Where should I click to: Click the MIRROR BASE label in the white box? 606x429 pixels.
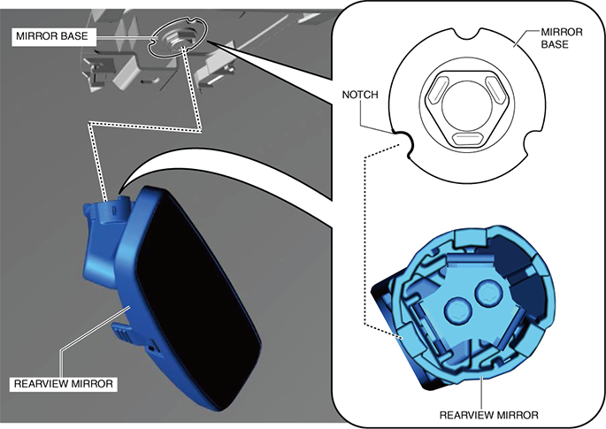point(52,36)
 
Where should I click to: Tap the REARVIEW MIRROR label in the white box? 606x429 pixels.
point(64,384)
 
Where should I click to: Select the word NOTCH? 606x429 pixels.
point(360,95)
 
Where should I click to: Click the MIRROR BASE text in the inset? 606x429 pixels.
point(561,38)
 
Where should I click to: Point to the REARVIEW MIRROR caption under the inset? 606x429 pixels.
point(489,415)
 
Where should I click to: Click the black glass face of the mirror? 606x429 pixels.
point(198,294)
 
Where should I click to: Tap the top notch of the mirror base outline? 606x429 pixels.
point(468,34)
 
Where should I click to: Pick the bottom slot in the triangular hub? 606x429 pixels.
point(467,138)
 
